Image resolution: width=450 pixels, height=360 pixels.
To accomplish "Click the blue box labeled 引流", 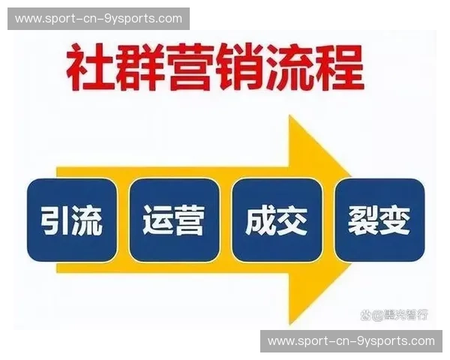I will (72, 220).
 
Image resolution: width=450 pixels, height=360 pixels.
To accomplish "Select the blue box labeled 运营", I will (174, 220).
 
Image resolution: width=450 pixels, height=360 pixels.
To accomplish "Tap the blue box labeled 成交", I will (277, 220).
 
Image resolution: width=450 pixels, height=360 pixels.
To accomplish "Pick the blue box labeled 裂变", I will (379, 220).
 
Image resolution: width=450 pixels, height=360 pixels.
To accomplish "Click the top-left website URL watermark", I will (98, 18).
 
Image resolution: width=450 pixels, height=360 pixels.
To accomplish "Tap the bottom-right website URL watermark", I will (351, 341).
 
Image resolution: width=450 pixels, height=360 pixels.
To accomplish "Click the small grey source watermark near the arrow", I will (394, 314).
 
